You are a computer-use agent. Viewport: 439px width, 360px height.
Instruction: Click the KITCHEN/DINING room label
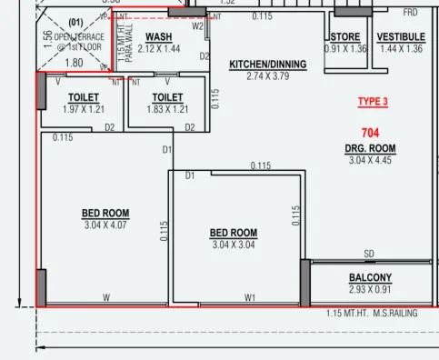point(267,65)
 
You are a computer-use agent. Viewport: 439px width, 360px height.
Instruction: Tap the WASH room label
point(158,37)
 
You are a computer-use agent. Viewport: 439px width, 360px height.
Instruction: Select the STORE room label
point(345,37)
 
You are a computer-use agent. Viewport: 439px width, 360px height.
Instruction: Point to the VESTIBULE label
point(401,37)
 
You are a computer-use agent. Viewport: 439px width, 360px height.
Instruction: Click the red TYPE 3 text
point(372,101)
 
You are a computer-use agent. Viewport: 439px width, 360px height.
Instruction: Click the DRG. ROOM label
point(369,148)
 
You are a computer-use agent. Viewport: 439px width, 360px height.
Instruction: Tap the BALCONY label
point(370,278)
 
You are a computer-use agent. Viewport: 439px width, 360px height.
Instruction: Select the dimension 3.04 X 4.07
point(105,225)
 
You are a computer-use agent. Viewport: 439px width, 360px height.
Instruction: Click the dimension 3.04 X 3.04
point(234,245)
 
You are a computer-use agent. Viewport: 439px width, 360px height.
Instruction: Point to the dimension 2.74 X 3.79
point(267,76)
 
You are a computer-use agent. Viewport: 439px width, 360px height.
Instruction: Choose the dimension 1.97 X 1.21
point(84,109)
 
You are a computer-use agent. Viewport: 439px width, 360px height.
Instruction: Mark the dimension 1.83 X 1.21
point(167,109)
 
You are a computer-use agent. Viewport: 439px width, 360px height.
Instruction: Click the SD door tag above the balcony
point(369,254)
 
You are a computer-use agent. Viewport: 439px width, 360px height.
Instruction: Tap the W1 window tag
point(250,297)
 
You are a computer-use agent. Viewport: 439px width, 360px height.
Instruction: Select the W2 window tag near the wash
point(197,26)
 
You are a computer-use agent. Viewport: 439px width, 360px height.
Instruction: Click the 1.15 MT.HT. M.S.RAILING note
point(371,314)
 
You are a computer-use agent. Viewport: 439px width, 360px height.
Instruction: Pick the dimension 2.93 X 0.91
point(370,290)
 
